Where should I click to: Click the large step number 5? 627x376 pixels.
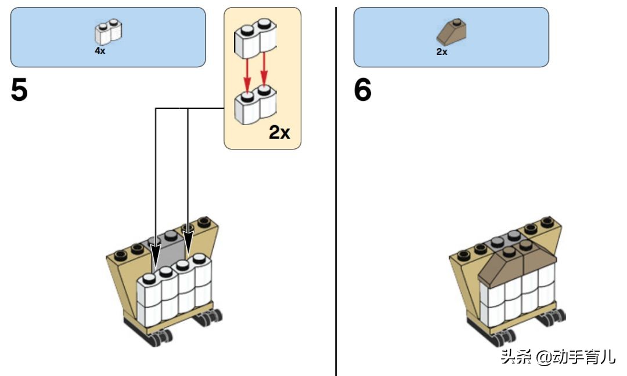[x=19, y=90]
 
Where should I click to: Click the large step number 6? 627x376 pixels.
[x=363, y=90]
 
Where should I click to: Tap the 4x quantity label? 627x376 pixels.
[x=100, y=50]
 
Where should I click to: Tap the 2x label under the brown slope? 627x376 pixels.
[x=442, y=52]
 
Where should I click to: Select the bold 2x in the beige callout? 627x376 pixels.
[x=279, y=132]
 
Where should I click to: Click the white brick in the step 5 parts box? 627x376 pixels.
[x=109, y=32]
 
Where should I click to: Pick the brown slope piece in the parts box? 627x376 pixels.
[x=452, y=32]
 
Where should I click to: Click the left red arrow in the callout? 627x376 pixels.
[x=247, y=76]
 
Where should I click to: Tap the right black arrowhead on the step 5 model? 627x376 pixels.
[x=188, y=244]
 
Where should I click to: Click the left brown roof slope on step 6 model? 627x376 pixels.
[x=500, y=267]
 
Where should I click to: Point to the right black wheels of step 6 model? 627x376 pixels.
[x=552, y=317]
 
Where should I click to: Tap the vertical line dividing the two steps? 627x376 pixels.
[x=336, y=191]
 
